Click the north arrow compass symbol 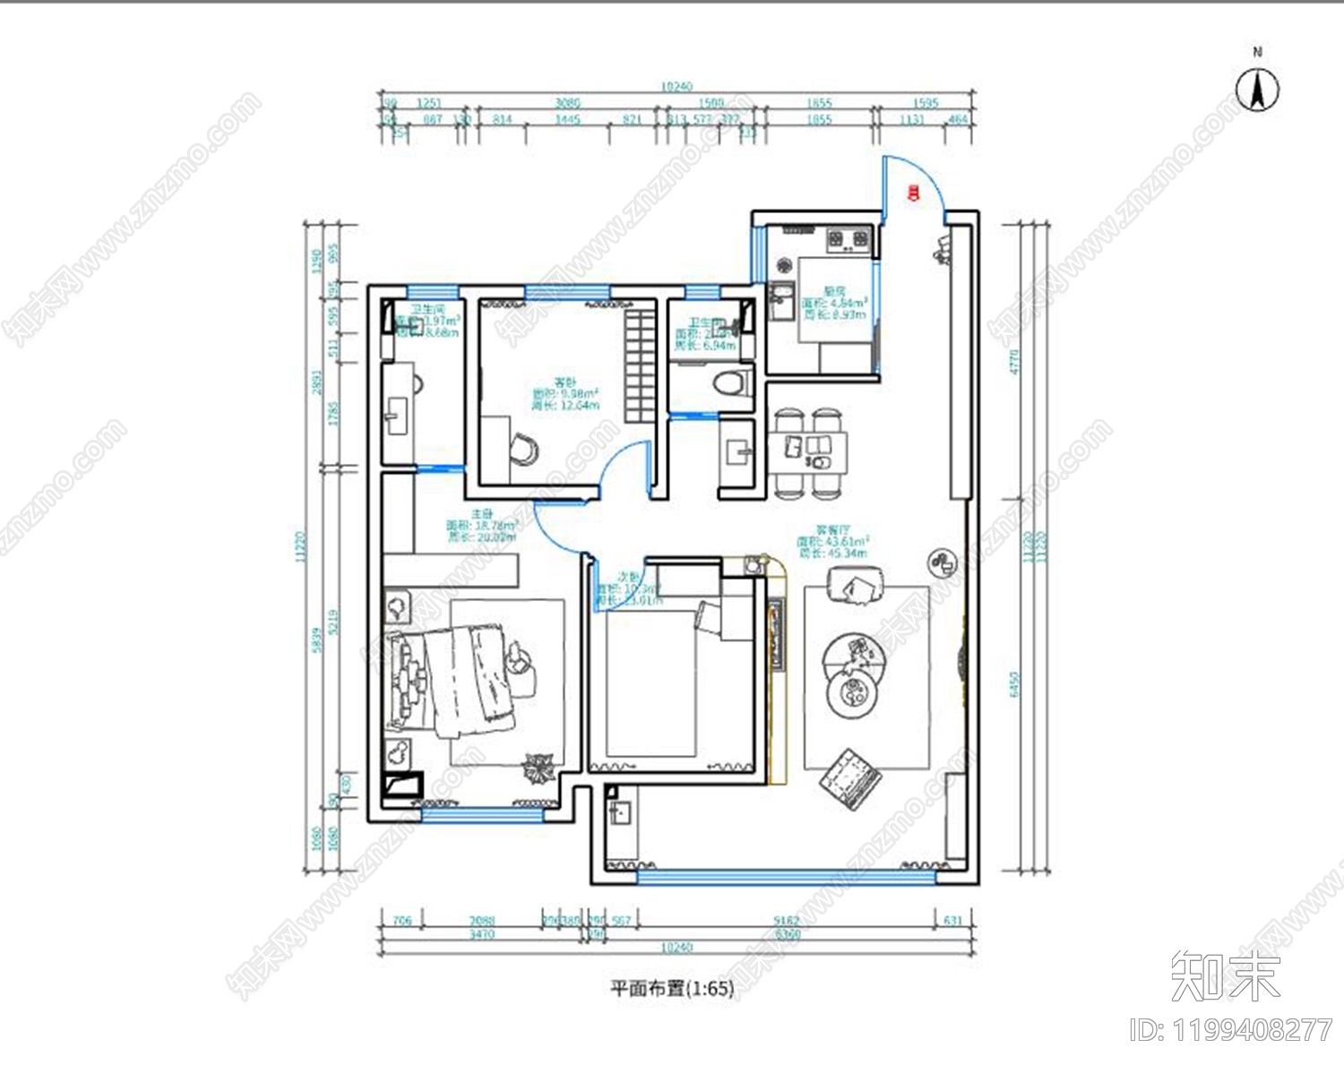tap(1257, 89)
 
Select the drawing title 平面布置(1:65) tap(672, 988)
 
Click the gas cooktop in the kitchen tap(849, 238)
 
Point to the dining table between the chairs tap(806, 452)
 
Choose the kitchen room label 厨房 tap(834, 291)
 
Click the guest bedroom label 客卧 tap(565, 382)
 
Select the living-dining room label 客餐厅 tap(832, 530)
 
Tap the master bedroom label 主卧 tap(482, 514)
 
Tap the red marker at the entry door tap(912, 191)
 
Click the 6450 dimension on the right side tap(1014, 685)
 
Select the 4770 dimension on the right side tap(1014, 362)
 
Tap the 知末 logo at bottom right tap(1226, 975)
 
